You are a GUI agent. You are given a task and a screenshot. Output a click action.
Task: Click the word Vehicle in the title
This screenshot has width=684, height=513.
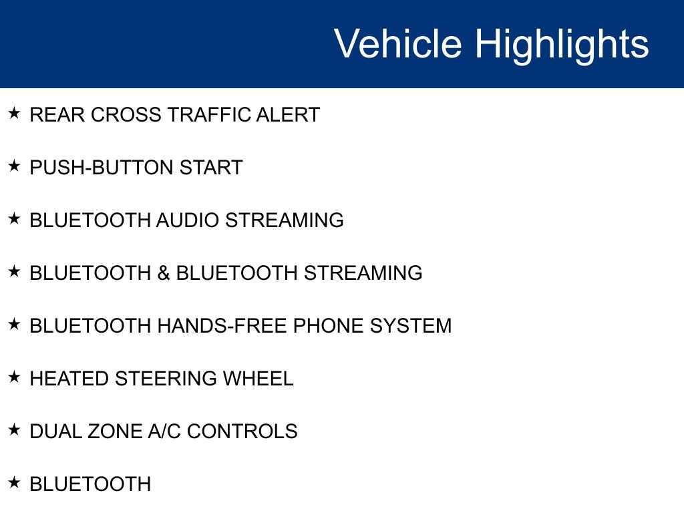click(398, 43)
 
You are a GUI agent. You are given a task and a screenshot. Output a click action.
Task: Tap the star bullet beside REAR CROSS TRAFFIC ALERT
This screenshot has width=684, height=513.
click(14, 113)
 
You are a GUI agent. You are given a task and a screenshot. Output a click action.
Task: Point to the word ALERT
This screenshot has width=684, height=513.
click(289, 115)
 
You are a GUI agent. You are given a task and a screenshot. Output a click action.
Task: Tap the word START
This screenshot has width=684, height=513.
click(211, 168)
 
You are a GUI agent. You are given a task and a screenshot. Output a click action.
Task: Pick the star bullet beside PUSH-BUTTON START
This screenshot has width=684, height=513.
click(14, 166)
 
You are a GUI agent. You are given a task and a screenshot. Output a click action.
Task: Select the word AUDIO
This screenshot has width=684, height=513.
click(188, 220)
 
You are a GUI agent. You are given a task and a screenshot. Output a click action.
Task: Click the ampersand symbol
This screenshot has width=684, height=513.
click(164, 273)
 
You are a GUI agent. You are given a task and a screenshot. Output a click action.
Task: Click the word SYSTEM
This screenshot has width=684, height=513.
click(411, 326)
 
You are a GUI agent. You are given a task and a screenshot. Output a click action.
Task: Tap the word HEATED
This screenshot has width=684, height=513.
click(69, 379)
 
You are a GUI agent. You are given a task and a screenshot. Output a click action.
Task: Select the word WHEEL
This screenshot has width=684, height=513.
click(258, 379)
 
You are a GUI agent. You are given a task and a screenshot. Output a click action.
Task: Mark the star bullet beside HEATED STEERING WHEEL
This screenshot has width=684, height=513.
click(14, 377)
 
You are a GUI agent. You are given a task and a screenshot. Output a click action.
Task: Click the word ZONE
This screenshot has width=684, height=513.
click(115, 432)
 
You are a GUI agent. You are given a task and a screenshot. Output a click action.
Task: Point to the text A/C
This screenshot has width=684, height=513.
click(164, 432)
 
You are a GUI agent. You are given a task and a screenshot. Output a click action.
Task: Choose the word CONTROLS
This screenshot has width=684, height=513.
click(242, 432)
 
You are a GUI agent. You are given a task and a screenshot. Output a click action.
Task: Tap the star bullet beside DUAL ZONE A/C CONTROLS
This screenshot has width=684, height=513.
click(14, 430)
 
